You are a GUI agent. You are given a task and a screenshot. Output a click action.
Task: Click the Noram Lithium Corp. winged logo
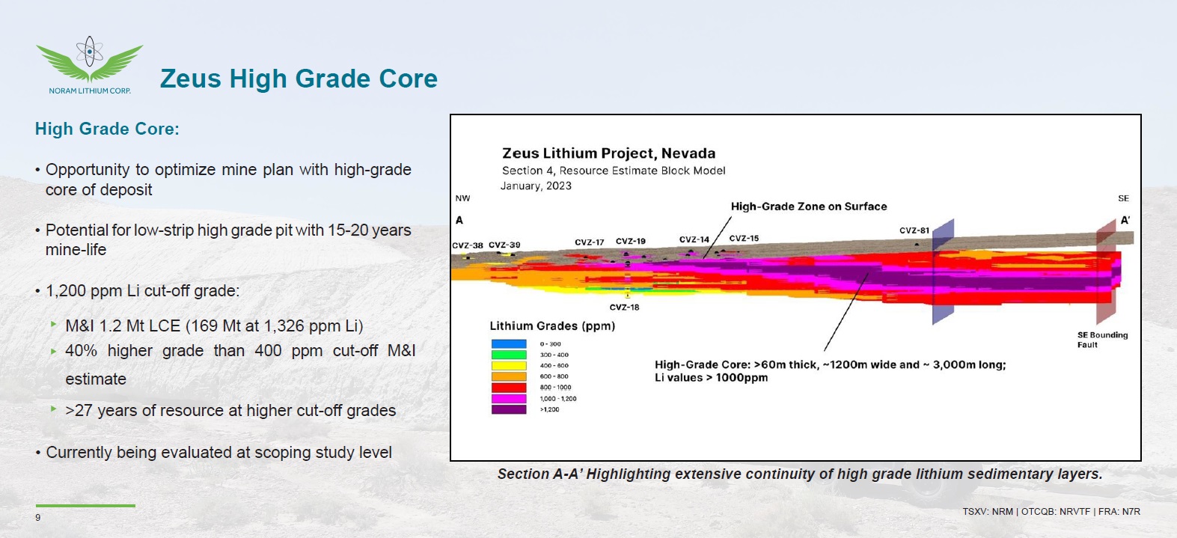point(89,64)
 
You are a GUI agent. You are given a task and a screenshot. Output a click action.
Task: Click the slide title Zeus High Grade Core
point(299,79)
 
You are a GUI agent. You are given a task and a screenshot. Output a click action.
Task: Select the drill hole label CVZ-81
point(914,230)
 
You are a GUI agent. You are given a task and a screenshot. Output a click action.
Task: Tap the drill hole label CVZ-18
point(624,308)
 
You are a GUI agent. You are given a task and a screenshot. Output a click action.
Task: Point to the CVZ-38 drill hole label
point(467,245)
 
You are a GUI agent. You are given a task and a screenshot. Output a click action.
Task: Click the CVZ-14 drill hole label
point(694,239)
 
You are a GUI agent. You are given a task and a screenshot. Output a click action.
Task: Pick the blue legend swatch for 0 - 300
point(509,343)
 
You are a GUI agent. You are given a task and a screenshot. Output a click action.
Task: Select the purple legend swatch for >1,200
point(509,409)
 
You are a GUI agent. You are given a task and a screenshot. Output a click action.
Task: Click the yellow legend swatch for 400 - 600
point(509,366)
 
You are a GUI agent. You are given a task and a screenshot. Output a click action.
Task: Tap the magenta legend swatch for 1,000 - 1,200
point(509,398)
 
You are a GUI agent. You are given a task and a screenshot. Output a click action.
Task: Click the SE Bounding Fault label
point(1102,340)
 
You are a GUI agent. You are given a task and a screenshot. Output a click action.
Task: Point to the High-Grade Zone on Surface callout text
point(809,207)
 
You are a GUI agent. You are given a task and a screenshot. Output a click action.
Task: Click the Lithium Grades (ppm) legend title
point(552,326)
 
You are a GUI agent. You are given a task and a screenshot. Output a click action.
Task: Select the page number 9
point(38,518)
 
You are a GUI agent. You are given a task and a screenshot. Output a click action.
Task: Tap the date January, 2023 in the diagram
point(536,186)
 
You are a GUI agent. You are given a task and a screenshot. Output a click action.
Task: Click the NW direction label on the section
point(463,198)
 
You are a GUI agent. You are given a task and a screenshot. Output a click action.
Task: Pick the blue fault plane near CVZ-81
point(944,272)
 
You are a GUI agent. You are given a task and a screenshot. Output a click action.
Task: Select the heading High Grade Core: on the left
point(107,129)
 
